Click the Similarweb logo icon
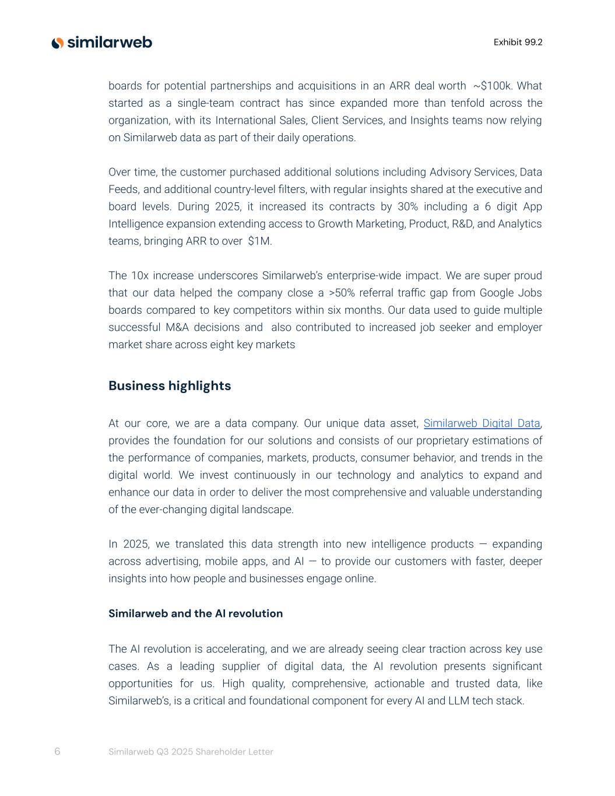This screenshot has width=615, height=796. point(57,43)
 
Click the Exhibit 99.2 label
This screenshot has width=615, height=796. point(518,42)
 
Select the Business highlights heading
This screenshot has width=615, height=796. point(170,386)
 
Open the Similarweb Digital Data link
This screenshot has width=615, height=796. point(482,423)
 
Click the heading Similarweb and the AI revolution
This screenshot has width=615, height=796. point(195,613)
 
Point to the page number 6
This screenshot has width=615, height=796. point(57,751)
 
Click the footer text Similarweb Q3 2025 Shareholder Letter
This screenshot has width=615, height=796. point(191,752)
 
